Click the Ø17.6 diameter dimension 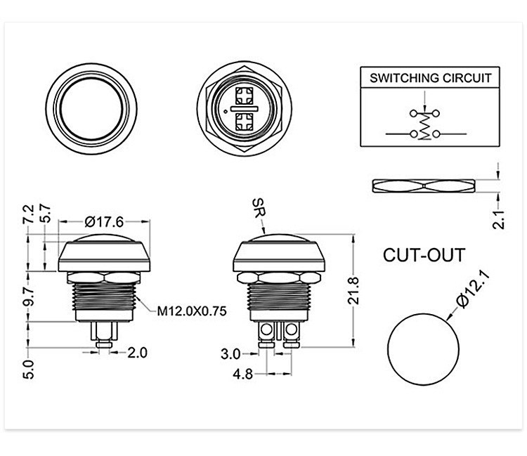104,222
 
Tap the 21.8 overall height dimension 354,291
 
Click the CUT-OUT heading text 424,254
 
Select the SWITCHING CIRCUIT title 431,78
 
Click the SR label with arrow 257,209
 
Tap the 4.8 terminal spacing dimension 242,374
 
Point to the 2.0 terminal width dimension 137,353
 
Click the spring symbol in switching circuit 424,126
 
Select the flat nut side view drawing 424,185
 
